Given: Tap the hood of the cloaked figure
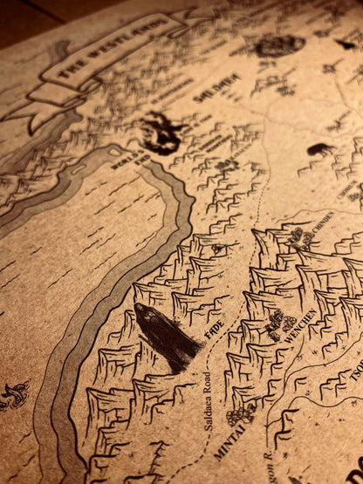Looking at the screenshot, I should pyautogui.click(x=144, y=313).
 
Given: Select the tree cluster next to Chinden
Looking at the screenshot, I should pyautogui.click(x=300, y=237).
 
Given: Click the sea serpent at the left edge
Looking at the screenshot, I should pyautogui.click(x=13, y=396).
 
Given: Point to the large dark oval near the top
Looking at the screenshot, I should pyautogui.click(x=279, y=45).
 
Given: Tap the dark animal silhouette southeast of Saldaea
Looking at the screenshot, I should pyautogui.click(x=319, y=149).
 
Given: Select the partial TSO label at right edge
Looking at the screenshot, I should pyautogui.click(x=357, y=374).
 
